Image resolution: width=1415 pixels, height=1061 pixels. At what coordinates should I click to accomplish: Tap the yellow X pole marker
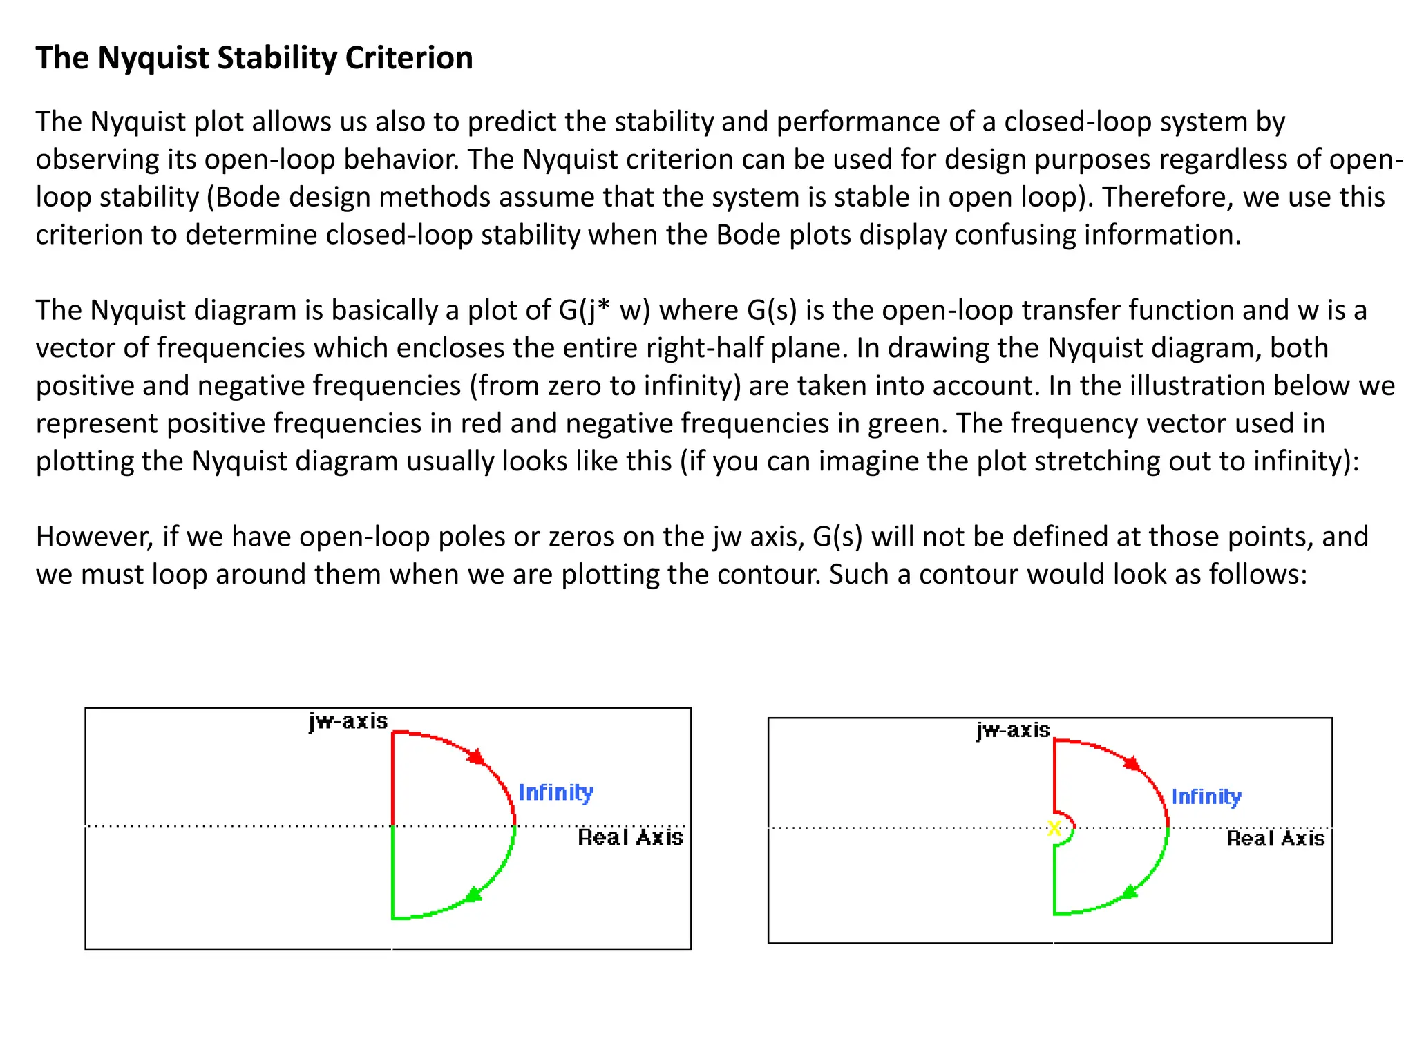(x=1054, y=828)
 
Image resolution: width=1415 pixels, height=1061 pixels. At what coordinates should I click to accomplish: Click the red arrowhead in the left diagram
(x=477, y=756)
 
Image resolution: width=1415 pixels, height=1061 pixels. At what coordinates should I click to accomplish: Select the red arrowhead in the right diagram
(x=1132, y=763)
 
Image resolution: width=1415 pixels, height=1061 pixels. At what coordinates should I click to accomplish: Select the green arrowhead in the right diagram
(x=1130, y=892)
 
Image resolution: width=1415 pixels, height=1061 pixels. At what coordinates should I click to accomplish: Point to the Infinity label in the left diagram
(x=555, y=792)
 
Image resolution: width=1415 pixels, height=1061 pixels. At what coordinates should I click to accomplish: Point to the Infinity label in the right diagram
(x=1206, y=796)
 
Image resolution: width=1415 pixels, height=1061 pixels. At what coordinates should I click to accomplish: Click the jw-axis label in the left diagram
(x=348, y=722)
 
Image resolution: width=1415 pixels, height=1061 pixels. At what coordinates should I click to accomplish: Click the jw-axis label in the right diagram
(x=1013, y=730)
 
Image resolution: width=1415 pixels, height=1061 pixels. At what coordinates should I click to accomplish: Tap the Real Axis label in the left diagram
(x=630, y=838)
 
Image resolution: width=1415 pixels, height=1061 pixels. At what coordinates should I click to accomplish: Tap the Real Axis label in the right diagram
(x=1275, y=839)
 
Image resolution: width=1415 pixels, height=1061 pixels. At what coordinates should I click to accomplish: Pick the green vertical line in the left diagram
(x=392, y=872)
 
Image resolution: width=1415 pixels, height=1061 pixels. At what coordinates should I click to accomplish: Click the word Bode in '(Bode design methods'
(x=247, y=198)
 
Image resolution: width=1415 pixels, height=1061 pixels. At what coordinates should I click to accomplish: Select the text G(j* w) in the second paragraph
(x=605, y=310)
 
